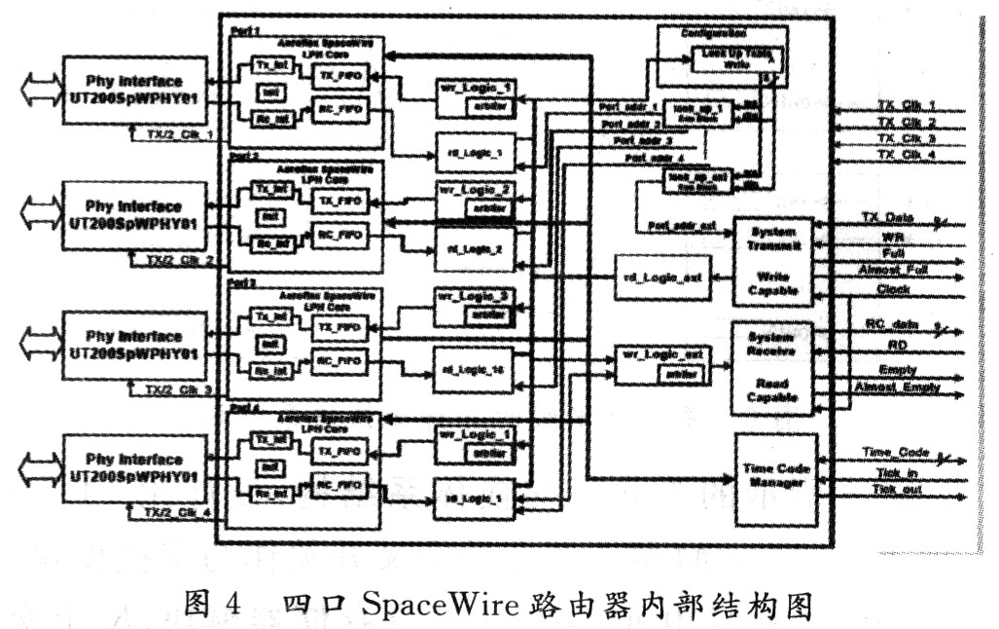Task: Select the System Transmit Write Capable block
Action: (x=771, y=260)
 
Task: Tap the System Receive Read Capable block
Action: (x=771, y=367)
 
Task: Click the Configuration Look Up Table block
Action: (x=721, y=57)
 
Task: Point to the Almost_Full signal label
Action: (x=894, y=270)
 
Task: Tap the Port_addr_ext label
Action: (x=682, y=226)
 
